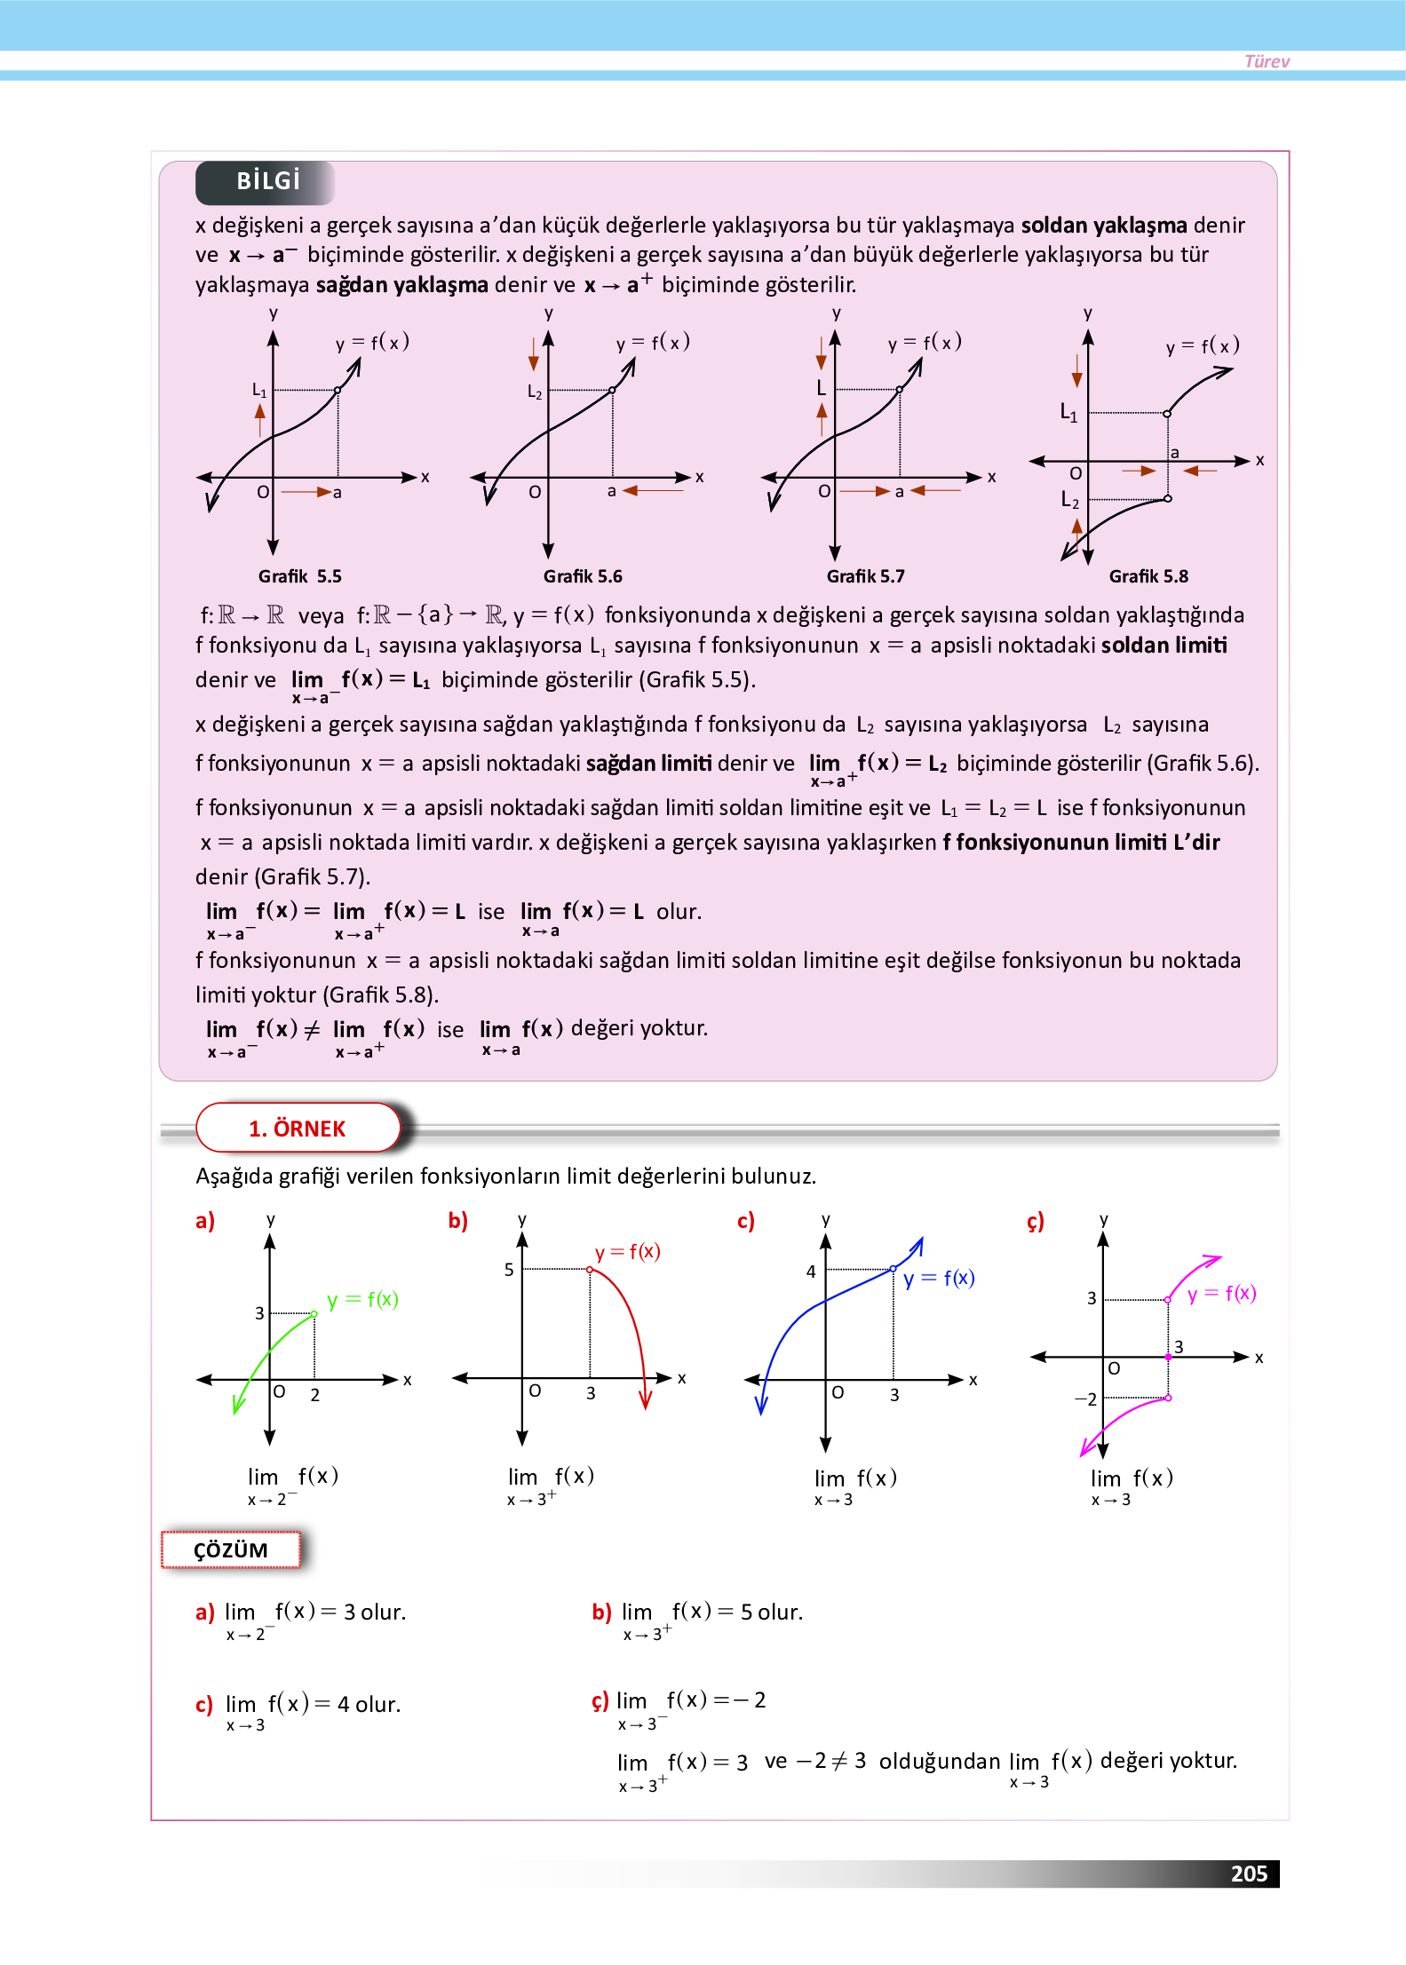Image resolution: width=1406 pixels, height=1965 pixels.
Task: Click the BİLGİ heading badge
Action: pyautogui.click(x=267, y=181)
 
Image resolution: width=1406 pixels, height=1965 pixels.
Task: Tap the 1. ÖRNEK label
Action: pyautogui.click(x=297, y=1128)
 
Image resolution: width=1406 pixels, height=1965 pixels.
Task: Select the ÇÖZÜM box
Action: pyautogui.click(x=230, y=1549)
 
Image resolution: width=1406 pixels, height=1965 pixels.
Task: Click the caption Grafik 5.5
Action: pyautogui.click(x=299, y=575)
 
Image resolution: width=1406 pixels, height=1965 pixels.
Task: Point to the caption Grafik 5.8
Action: pyautogui.click(x=1148, y=575)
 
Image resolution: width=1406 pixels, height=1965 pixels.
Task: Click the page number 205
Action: pyautogui.click(x=1248, y=1873)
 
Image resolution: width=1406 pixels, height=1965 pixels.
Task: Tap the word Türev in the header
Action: pyautogui.click(x=1266, y=61)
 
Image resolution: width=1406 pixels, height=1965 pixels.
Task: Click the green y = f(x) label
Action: pyautogui.click(x=362, y=1299)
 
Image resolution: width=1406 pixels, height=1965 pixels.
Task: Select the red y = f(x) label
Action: pyautogui.click(x=627, y=1251)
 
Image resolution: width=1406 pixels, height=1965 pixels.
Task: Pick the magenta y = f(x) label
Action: pyautogui.click(x=1221, y=1293)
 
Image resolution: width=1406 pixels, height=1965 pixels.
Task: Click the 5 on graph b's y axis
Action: pyautogui.click(x=509, y=1270)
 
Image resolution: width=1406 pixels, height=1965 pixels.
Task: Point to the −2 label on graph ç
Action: pyautogui.click(x=1085, y=1398)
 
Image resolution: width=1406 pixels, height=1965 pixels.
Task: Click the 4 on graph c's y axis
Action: pyautogui.click(x=810, y=1271)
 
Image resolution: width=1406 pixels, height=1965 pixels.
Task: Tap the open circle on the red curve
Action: pyautogui.click(x=590, y=1270)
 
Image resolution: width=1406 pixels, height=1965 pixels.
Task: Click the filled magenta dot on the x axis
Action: pyautogui.click(x=1168, y=1357)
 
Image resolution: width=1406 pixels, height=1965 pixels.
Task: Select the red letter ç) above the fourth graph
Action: pyautogui.click(x=1035, y=1221)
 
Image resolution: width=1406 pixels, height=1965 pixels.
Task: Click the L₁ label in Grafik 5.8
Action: pyautogui.click(x=1068, y=412)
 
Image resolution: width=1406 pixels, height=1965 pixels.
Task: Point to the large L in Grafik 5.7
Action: pyautogui.click(x=821, y=388)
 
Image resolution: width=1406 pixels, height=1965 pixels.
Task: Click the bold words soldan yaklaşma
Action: pyautogui.click(x=1103, y=225)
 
